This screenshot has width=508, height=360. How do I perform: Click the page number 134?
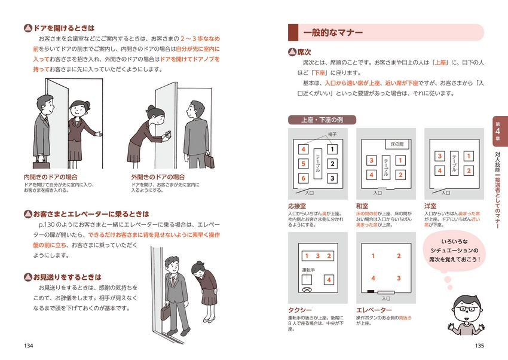pos(28,346)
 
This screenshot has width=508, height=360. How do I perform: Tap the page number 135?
pos(479,346)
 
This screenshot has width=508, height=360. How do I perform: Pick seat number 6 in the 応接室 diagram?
pos(303,178)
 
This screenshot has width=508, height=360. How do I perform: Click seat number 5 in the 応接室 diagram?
pos(303,163)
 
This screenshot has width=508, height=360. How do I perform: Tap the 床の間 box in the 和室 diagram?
pos(397,144)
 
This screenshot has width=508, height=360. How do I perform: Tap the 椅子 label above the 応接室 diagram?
pos(332,135)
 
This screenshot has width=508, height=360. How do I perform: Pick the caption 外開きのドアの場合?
pos(158,177)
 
